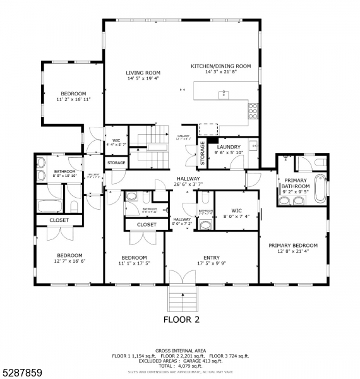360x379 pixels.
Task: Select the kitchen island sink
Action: (223, 95)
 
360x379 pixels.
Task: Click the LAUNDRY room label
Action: (229, 147)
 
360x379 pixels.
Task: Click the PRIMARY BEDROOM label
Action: (292, 245)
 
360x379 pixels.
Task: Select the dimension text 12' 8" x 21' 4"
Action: (292, 251)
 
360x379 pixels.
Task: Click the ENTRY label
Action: (211, 257)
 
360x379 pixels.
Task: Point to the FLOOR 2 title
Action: (181, 320)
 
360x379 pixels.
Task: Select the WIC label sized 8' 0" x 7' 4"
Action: (237, 210)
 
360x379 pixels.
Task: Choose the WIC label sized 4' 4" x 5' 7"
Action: (116, 140)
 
